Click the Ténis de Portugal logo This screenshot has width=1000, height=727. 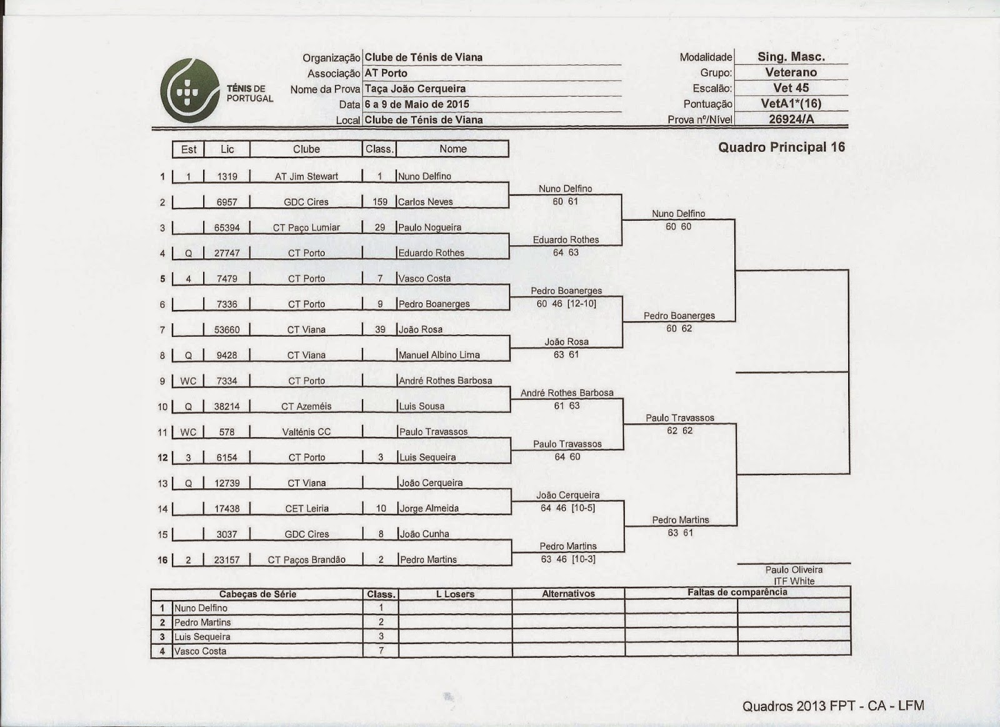coord(216,90)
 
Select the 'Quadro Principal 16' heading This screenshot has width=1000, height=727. coord(781,147)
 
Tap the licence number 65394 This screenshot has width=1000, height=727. coord(227,228)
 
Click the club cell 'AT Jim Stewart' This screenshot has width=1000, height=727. coord(306,176)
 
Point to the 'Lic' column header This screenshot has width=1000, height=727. coord(227,149)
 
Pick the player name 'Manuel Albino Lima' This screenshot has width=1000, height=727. coord(439,355)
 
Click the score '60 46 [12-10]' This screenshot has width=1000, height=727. coord(567,304)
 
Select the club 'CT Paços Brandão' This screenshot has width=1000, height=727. coord(306,560)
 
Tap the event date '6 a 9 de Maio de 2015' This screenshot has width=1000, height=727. coord(417,104)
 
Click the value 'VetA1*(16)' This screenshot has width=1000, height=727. coord(791,104)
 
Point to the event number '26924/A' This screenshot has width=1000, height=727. coord(791,119)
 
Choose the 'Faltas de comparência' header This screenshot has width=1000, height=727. coord(737,592)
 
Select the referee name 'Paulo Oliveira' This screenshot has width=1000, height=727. coord(794,570)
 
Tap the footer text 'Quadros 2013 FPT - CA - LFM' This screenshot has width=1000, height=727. coord(832,706)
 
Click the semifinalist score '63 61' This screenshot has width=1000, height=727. coord(680,533)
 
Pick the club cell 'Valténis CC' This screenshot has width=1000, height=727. coord(306,432)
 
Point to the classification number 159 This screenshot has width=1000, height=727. coord(380,202)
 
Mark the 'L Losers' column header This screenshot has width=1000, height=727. coord(455,594)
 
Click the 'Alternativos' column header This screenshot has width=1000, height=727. coord(568,594)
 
